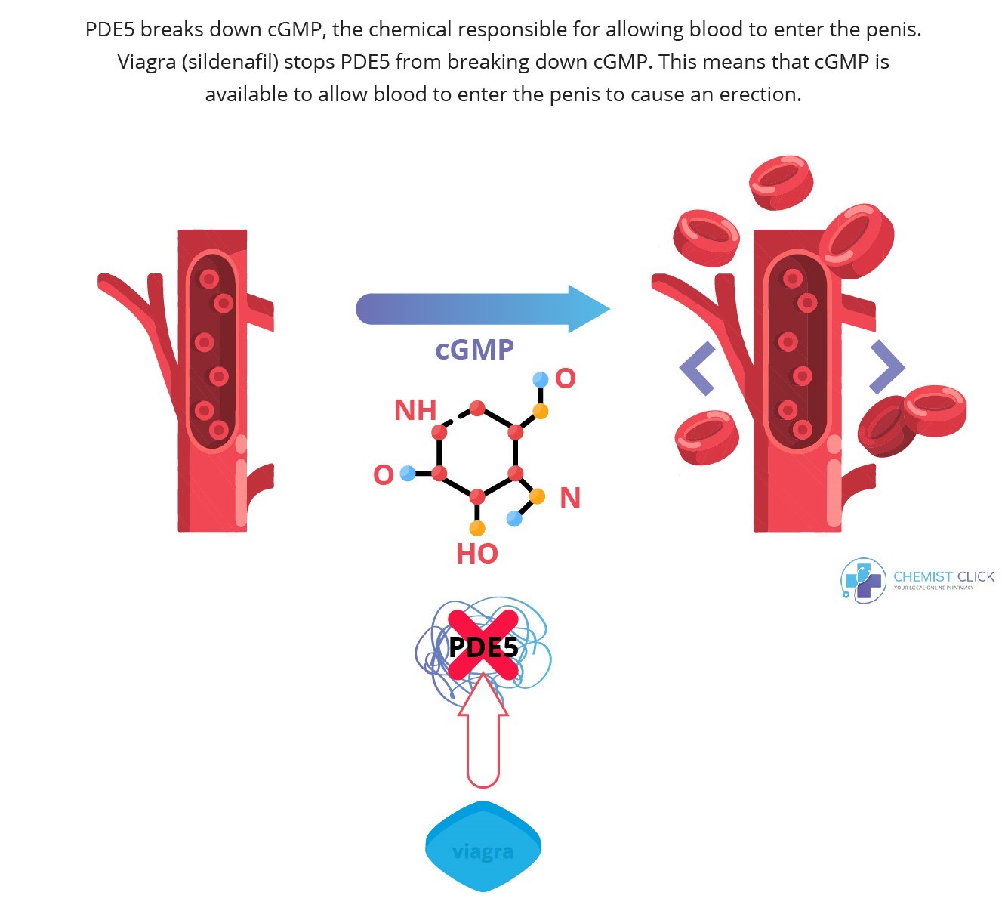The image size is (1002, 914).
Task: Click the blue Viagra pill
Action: [x=483, y=847]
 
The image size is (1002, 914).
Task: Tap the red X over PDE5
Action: [x=483, y=645]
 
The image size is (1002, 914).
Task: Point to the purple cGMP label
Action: [x=474, y=350]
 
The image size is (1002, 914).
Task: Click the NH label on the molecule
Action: [x=415, y=410]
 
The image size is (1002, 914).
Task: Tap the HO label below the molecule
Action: [x=477, y=554]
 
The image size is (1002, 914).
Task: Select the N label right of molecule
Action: [x=570, y=498]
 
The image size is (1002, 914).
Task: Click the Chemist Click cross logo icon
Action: [x=863, y=580]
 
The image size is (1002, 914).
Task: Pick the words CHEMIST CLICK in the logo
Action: [x=944, y=576]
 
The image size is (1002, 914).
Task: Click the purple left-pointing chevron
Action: [x=698, y=368]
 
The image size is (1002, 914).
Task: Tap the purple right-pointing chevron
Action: [x=886, y=367]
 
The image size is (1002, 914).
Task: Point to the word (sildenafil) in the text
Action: [x=230, y=62]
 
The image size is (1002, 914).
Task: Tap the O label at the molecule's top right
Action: [x=566, y=378]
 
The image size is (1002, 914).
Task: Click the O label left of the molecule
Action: [x=384, y=475]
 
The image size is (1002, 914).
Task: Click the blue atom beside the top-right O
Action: [x=540, y=379]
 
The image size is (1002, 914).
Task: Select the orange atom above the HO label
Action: [x=477, y=528]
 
